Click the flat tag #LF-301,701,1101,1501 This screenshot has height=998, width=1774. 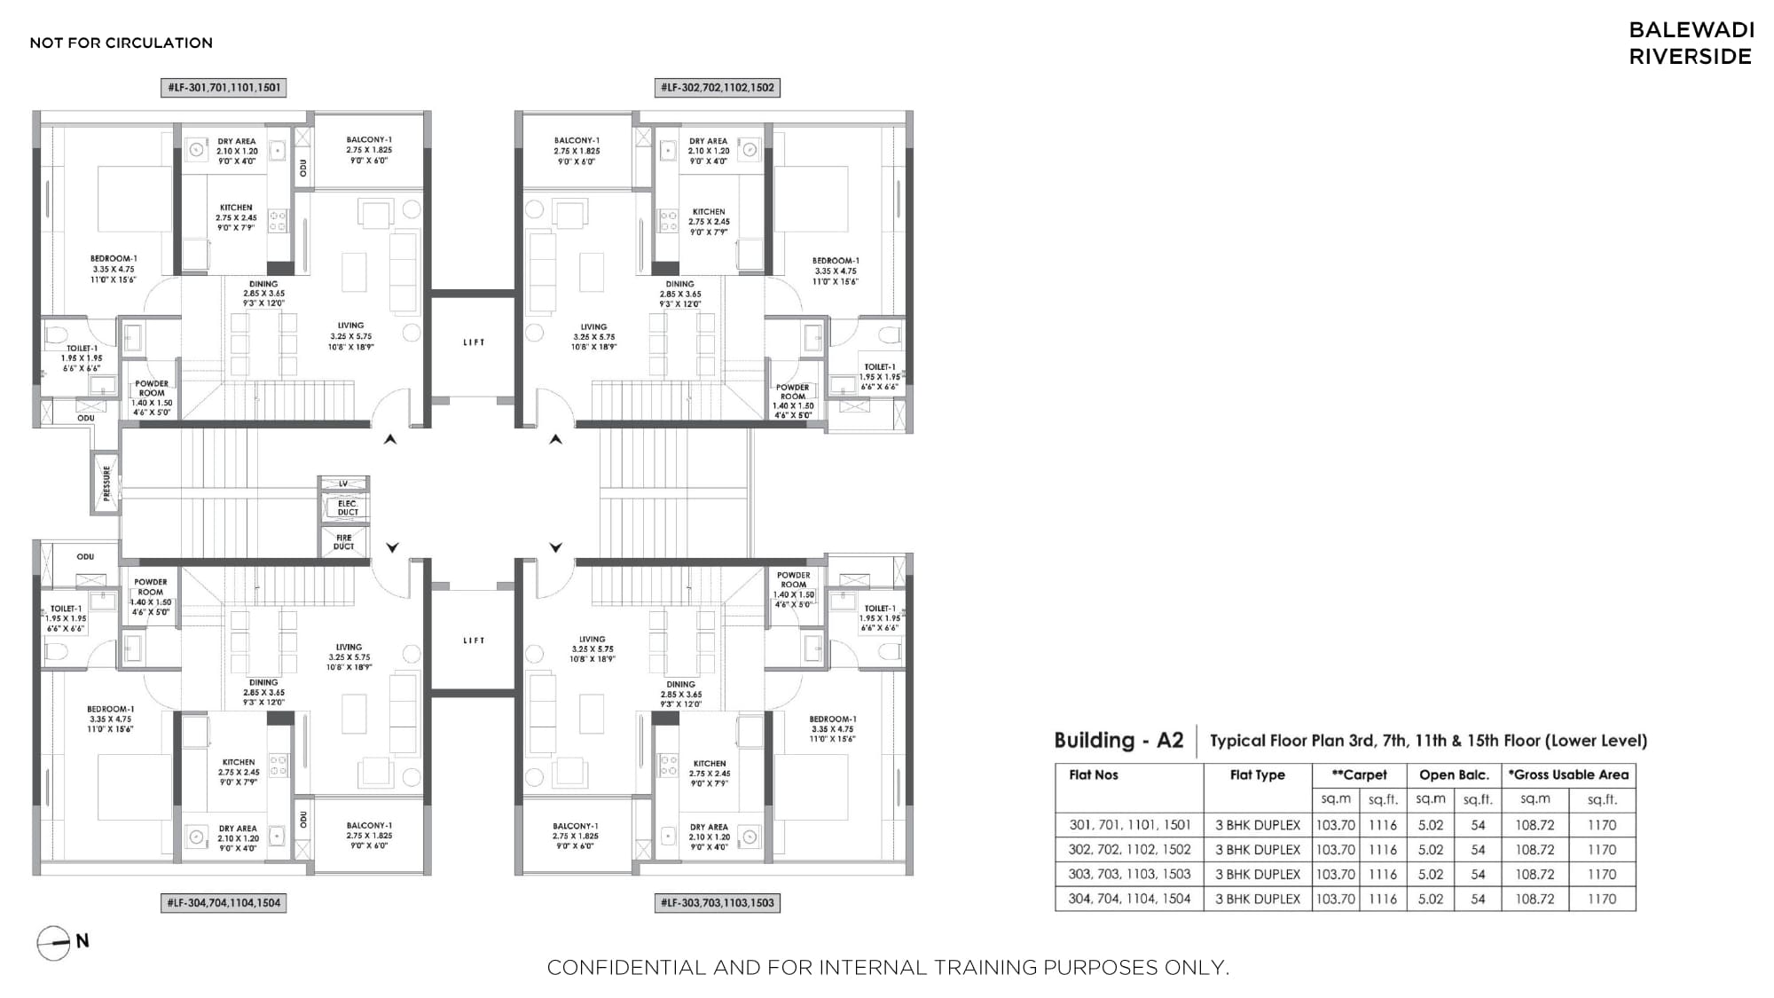pyautogui.click(x=224, y=88)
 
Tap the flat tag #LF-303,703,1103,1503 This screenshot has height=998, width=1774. pyautogui.click(x=718, y=903)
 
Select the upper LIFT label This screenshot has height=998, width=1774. pyautogui.click(x=474, y=342)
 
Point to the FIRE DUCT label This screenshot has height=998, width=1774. pyautogui.click(x=344, y=542)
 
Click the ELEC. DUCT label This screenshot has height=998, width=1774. pyautogui.click(x=348, y=507)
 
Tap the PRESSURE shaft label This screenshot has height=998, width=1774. pyautogui.click(x=106, y=483)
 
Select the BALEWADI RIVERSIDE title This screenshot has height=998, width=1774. pyautogui.click(x=1692, y=43)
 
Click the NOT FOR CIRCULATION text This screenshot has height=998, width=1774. pyautogui.click(x=122, y=43)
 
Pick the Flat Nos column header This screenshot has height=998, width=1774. pyautogui.click(x=1094, y=774)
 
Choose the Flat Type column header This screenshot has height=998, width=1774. pyautogui.click(x=1258, y=774)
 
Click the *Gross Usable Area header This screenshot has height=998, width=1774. pyautogui.click(x=1568, y=774)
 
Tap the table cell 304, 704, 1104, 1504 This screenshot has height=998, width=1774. pyautogui.click(x=1129, y=899)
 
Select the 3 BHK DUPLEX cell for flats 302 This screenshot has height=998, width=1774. pyautogui.click(x=1258, y=849)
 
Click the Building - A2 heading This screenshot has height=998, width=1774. pyautogui.click(x=1119, y=740)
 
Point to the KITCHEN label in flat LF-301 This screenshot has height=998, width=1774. pyautogui.click(x=237, y=208)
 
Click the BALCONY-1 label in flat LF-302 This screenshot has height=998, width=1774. pyautogui.click(x=577, y=140)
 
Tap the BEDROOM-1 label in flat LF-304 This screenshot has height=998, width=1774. pyautogui.click(x=111, y=709)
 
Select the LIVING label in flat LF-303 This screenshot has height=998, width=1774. pyautogui.click(x=593, y=639)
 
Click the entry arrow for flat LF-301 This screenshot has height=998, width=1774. pyautogui.click(x=390, y=439)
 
